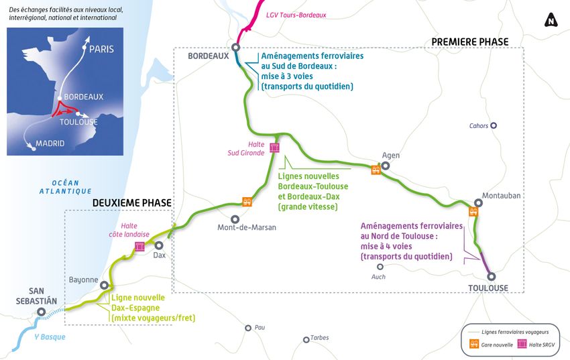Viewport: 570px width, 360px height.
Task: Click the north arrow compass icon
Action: click(552, 20)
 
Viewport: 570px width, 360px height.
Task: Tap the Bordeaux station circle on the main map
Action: click(236, 47)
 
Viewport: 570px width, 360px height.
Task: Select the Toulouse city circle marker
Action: click(491, 276)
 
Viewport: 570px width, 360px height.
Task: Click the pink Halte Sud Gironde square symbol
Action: click(274, 147)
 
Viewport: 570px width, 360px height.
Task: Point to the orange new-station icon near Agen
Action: click(376, 170)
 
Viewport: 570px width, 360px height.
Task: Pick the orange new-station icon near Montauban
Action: click(473, 212)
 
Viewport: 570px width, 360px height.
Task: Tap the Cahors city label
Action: click(478, 125)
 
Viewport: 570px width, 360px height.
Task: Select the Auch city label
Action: click(380, 276)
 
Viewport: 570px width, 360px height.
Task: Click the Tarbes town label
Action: click(319, 339)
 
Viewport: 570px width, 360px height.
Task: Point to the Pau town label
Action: click(260, 328)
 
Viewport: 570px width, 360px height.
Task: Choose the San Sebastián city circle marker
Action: click(42, 312)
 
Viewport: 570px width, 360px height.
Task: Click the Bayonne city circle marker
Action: click(104, 285)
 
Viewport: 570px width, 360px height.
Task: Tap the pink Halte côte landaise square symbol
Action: click(139, 247)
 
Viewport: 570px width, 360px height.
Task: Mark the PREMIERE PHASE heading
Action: click(469, 42)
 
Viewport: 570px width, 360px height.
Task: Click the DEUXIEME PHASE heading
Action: click(131, 202)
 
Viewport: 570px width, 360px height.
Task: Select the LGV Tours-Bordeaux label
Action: click(296, 15)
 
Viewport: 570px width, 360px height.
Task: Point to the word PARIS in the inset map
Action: click(102, 49)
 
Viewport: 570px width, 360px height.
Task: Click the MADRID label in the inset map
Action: click(50, 143)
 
